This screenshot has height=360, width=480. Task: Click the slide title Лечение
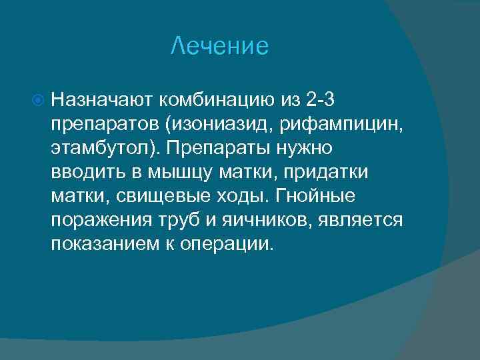[219, 46]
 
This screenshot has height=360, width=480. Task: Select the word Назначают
[102, 100]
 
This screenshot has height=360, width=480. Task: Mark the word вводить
[83, 172]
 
